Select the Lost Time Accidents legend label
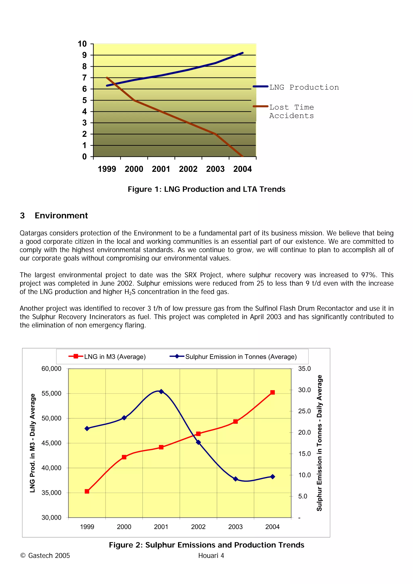[x=291, y=111]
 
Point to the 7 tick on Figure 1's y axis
[x=84, y=78]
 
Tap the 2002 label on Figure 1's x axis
[x=188, y=169]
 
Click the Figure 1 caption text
[x=206, y=189]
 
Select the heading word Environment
[x=61, y=216]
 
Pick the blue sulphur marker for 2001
[x=161, y=392]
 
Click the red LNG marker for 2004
[x=272, y=393]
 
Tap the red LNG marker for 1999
[x=87, y=492]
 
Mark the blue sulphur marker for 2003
[x=235, y=479]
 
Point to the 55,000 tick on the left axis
[x=51, y=394]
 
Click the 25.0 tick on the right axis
[x=304, y=411]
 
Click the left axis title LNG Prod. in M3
[x=32, y=443]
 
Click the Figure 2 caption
[x=206, y=545]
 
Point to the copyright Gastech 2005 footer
[x=45, y=556]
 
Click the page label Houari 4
[x=211, y=556]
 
